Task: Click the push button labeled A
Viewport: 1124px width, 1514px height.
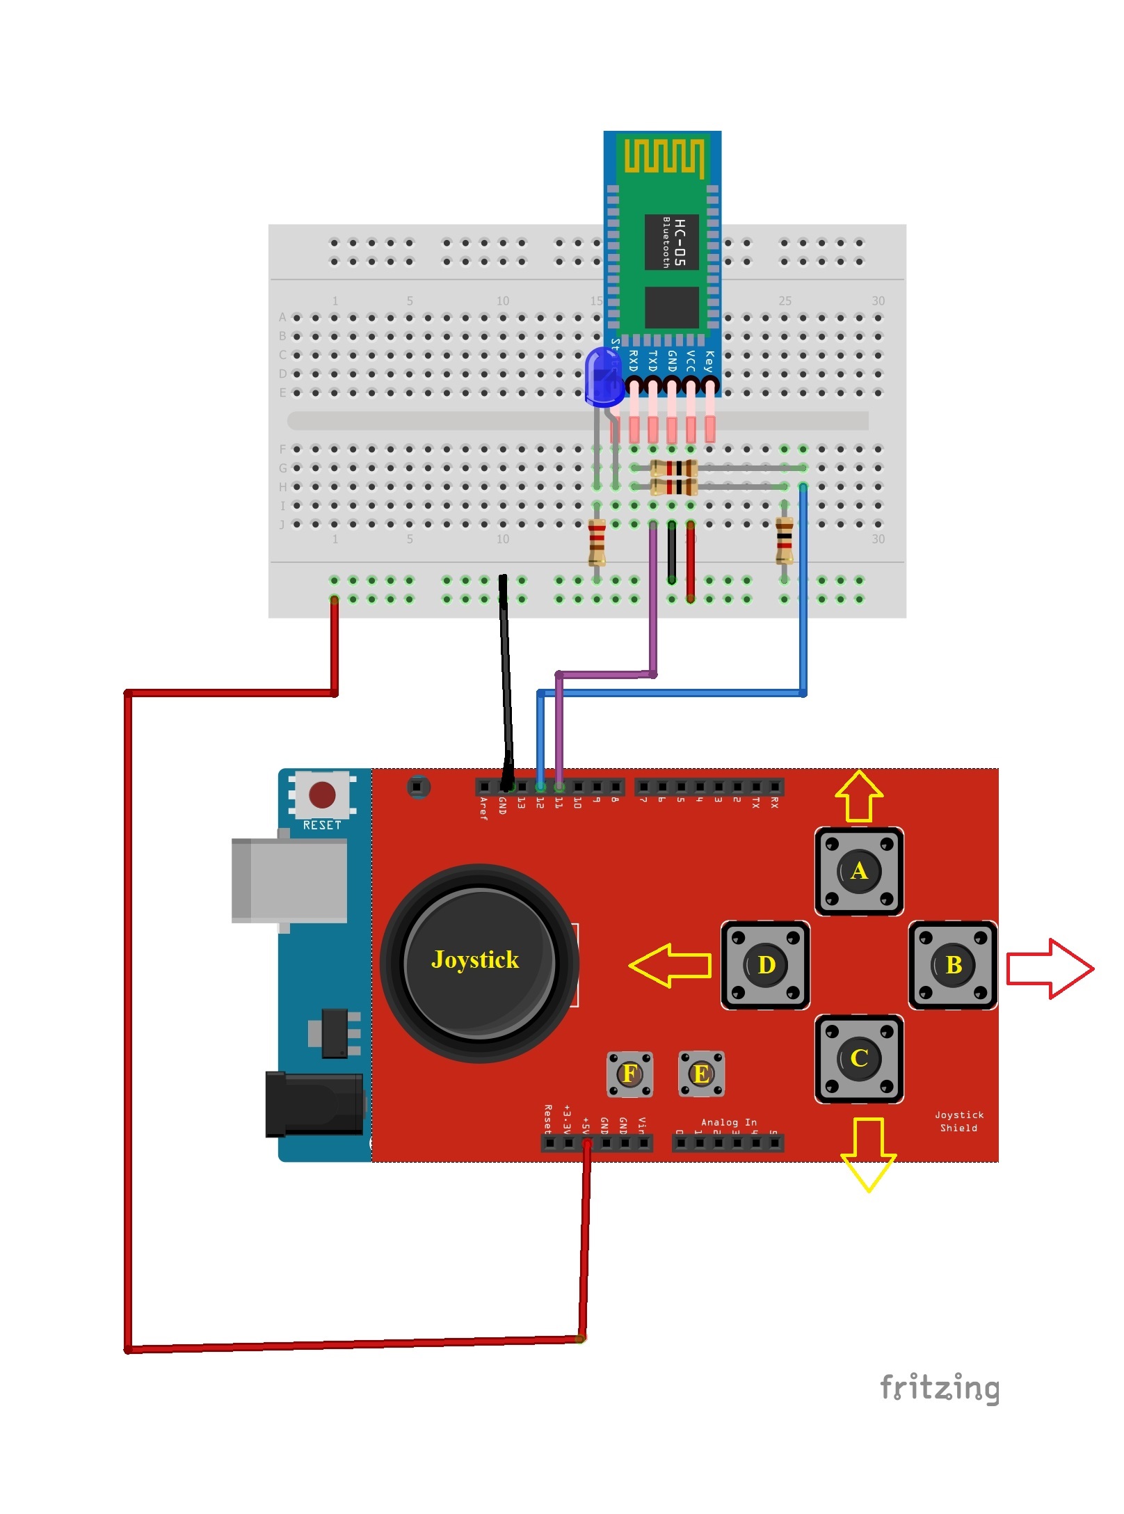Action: tap(859, 871)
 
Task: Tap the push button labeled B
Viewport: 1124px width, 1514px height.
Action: tap(953, 965)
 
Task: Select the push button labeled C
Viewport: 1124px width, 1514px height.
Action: tap(859, 1058)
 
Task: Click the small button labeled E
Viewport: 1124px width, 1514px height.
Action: tap(701, 1074)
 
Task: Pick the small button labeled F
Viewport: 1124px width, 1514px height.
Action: tap(629, 1074)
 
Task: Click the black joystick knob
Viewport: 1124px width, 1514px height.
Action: tap(479, 962)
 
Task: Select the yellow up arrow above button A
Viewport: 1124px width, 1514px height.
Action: tap(859, 796)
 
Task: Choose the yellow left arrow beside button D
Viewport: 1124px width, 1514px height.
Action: tap(670, 965)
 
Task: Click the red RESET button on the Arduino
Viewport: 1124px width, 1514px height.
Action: tap(322, 795)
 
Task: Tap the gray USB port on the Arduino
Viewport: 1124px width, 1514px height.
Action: tap(289, 880)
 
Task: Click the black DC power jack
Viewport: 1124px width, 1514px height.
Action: tap(314, 1105)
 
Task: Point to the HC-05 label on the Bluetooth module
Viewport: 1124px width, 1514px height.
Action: tap(680, 242)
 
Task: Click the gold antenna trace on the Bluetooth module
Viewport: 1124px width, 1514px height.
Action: tap(664, 156)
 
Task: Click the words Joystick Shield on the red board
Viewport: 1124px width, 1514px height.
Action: tap(959, 1121)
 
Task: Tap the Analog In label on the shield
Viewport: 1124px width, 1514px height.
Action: tap(728, 1122)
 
